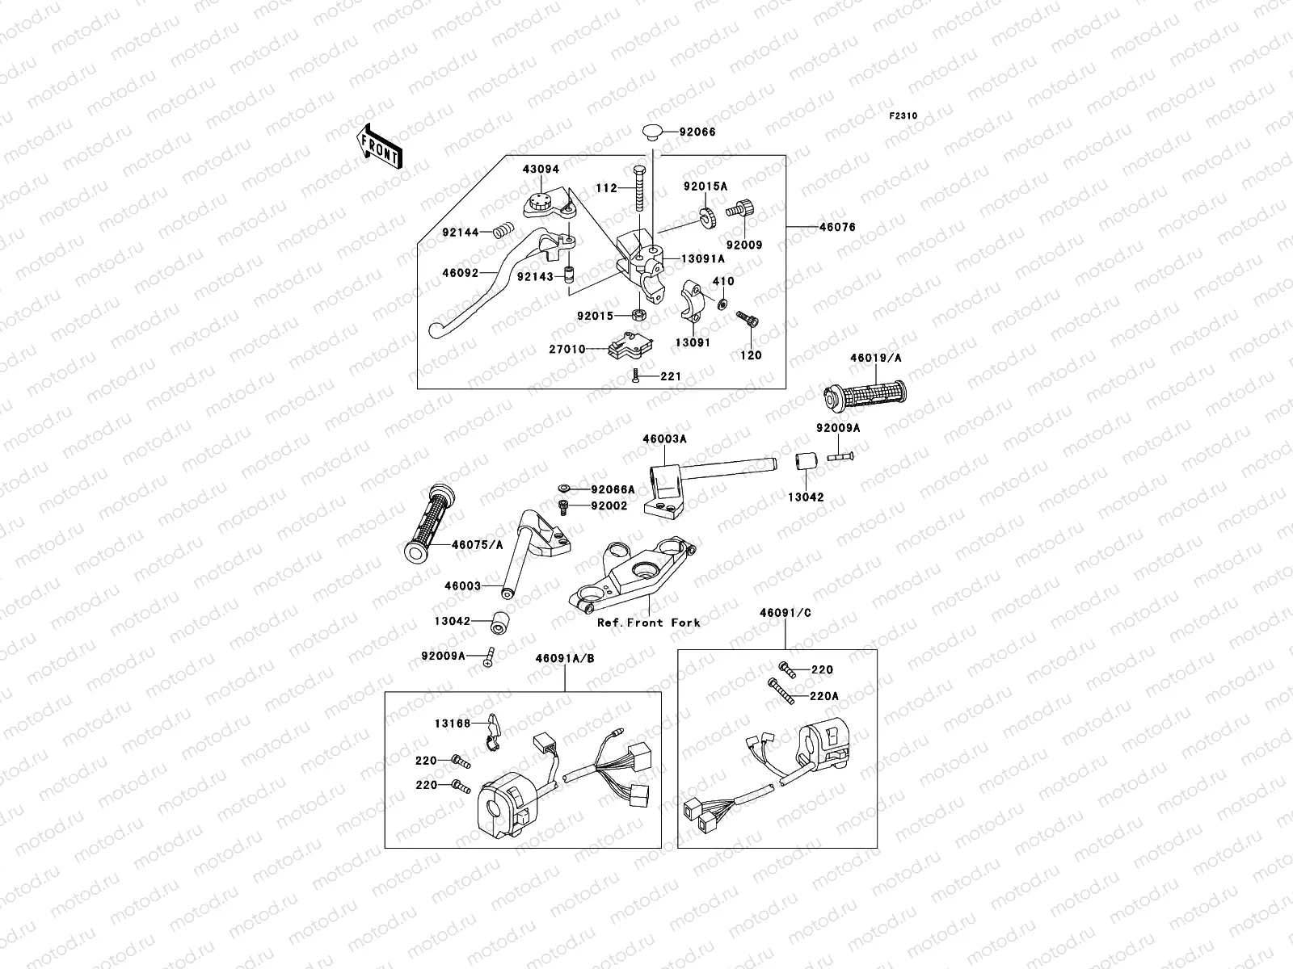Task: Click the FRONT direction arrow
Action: (379, 146)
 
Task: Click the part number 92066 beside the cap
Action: (697, 132)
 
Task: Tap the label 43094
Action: (541, 170)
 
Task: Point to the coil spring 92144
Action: (503, 231)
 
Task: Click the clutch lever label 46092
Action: (461, 273)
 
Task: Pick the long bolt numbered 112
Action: (640, 189)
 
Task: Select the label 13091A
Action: (703, 259)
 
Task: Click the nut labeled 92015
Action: (638, 316)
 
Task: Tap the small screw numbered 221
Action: (636, 375)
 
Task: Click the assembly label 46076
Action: (838, 227)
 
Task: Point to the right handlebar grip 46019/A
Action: (865, 395)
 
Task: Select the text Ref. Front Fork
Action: (649, 623)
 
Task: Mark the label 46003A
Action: (664, 439)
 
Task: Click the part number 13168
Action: (453, 724)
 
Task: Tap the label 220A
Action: (824, 696)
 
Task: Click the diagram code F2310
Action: (903, 116)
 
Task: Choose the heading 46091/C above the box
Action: (785, 612)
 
